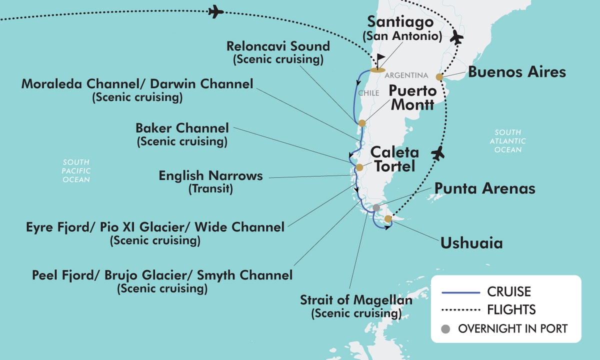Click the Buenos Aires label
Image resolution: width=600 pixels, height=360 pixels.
(x=517, y=72)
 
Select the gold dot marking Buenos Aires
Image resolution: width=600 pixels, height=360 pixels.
(x=439, y=77)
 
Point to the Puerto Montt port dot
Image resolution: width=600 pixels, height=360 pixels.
(x=362, y=123)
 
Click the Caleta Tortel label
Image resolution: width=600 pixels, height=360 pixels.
(x=394, y=159)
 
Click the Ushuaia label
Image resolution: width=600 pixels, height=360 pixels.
(x=471, y=243)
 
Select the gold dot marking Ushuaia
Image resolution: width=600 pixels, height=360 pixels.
(x=388, y=218)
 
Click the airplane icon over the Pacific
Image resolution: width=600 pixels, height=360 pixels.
(x=215, y=11)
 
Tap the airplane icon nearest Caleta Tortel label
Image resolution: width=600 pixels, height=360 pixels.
(x=438, y=153)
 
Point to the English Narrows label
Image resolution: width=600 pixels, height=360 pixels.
(x=210, y=176)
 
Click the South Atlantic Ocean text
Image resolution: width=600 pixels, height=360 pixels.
(x=508, y=141)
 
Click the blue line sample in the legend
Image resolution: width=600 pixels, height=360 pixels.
(x=460, y=291)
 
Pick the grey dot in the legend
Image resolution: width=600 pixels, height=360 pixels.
(x=446, y=329)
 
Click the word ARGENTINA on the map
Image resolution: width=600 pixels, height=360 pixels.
(x=406, y=75)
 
